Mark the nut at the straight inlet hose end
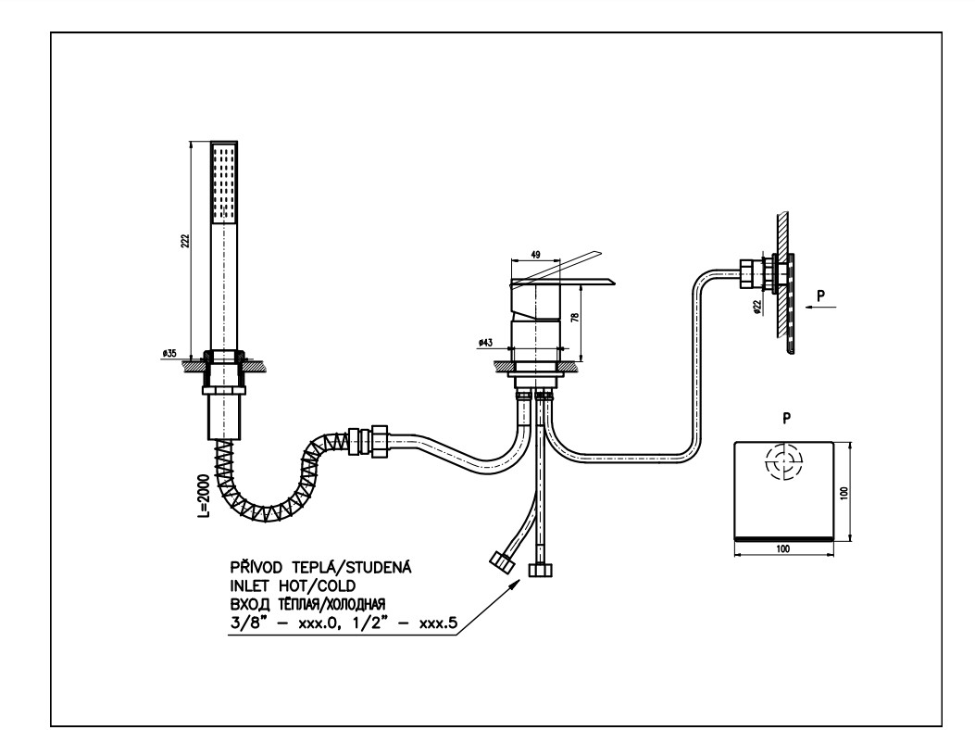(538, 569)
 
